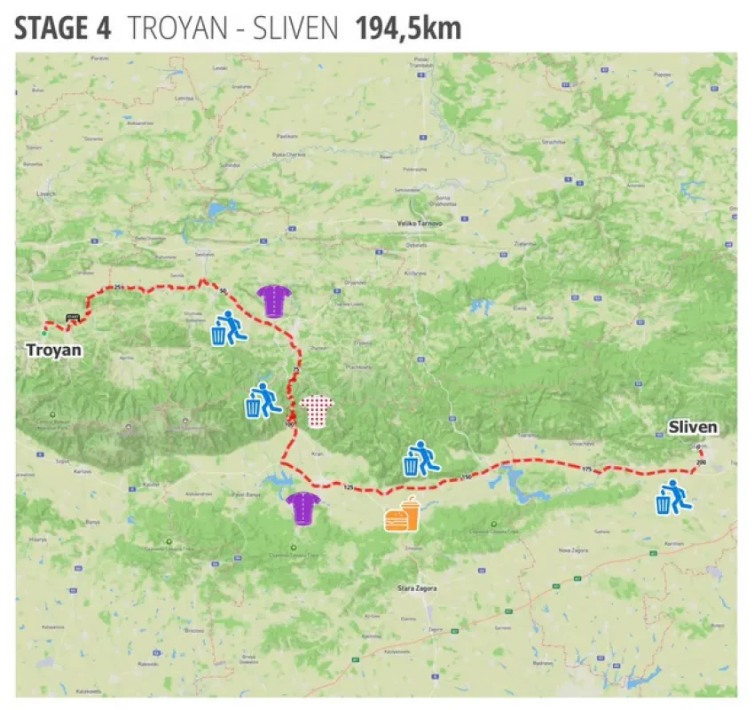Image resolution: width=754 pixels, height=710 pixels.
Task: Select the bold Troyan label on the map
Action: point(54,350)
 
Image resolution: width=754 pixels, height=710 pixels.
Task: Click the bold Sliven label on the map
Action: point(692,428)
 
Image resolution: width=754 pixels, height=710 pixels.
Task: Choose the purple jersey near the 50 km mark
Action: point(273,301)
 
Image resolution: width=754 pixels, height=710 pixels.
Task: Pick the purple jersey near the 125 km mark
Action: point(302,508)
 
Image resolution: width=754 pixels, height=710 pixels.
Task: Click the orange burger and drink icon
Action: point(402,515)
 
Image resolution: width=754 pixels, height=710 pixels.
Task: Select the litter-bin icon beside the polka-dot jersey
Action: point(263,399)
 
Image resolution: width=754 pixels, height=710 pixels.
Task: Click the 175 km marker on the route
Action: point(586,468)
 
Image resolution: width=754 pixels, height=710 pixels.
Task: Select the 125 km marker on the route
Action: point(348,487)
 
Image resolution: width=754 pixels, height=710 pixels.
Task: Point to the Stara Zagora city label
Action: point(417,588)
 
